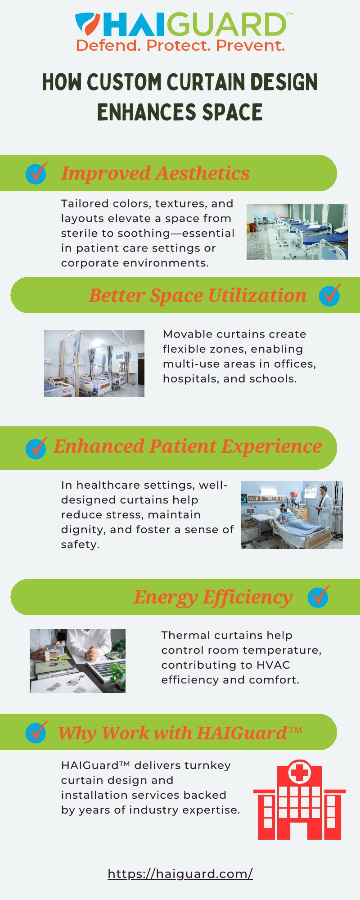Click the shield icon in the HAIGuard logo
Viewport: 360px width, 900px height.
pos(88,24)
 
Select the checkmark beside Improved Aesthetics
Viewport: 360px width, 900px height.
pos(36,173)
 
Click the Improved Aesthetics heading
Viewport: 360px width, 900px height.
pos(155,173)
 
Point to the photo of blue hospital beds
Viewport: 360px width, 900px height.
pos(297,232)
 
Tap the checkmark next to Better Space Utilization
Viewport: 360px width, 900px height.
pos(330,295)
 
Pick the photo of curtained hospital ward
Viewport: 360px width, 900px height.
pos(94,364)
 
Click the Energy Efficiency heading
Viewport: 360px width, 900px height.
pos(213,597)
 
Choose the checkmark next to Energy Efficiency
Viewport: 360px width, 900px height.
pos(319,597)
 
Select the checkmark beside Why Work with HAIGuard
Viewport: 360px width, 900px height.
pos(36,733)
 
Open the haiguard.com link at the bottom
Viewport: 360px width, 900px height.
pos(180,874)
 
